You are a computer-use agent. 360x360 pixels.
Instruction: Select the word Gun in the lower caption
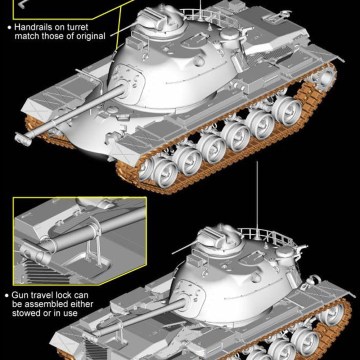coord(19,295)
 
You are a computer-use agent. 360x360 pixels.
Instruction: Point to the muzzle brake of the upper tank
coord(23,138)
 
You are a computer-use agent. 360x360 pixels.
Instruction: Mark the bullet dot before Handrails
coord(9,27)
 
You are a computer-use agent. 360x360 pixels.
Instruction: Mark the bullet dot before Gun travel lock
coord(7,295)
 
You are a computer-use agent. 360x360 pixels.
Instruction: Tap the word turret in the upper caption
coord(76,27)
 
